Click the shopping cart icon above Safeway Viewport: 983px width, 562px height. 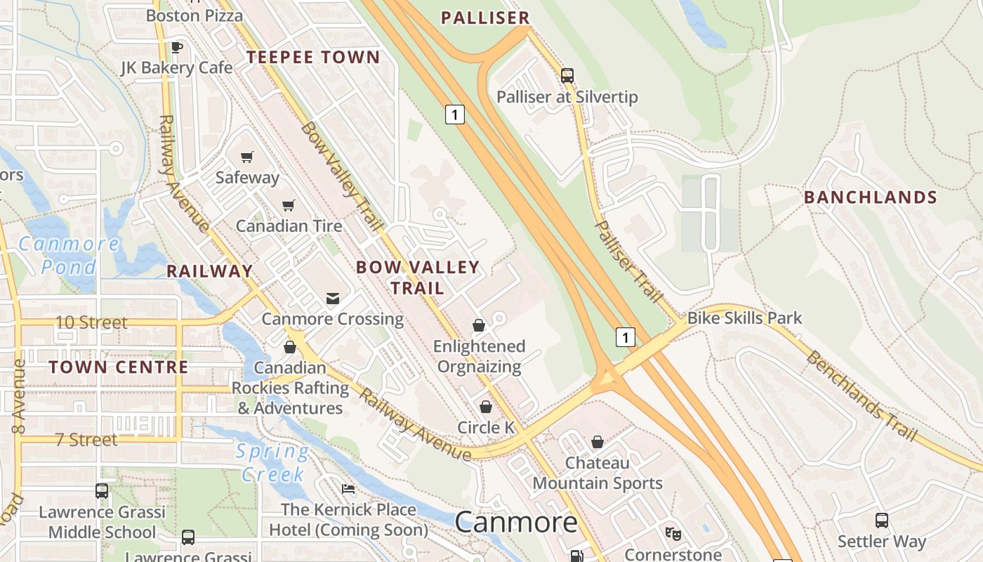(246, 157)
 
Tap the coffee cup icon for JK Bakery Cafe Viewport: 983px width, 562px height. (176, 47)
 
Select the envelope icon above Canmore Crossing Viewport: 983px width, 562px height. (333, 299)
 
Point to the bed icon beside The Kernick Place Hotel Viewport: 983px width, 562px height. (348, 489)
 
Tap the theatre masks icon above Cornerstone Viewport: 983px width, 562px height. (673, 534)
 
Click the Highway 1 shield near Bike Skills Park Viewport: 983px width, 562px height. (625, 337)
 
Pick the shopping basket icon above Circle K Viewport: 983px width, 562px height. (485, 407)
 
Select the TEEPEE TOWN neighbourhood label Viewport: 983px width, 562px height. (312, 58)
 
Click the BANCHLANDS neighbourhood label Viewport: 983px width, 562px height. (871, 197)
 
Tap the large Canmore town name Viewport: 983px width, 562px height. (516, 522)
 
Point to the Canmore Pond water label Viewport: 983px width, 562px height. (69, 255)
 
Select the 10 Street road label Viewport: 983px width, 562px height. (91, 322)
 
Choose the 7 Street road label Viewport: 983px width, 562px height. (86, 440)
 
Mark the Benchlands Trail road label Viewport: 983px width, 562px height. (861, 396)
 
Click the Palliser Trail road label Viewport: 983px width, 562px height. (628, 261)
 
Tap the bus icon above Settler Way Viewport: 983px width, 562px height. (882, 521)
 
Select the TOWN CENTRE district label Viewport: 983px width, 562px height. (119, 367)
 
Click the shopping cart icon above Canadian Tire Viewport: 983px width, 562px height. (289, 205)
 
